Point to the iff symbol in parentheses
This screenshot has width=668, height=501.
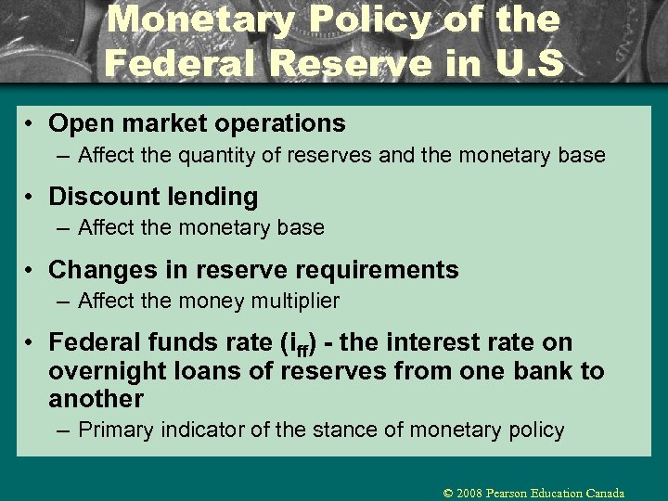point(299,344)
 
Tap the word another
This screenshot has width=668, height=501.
point(96,400)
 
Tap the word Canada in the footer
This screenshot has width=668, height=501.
point(605,494)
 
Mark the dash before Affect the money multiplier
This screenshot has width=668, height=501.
point(62,302)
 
